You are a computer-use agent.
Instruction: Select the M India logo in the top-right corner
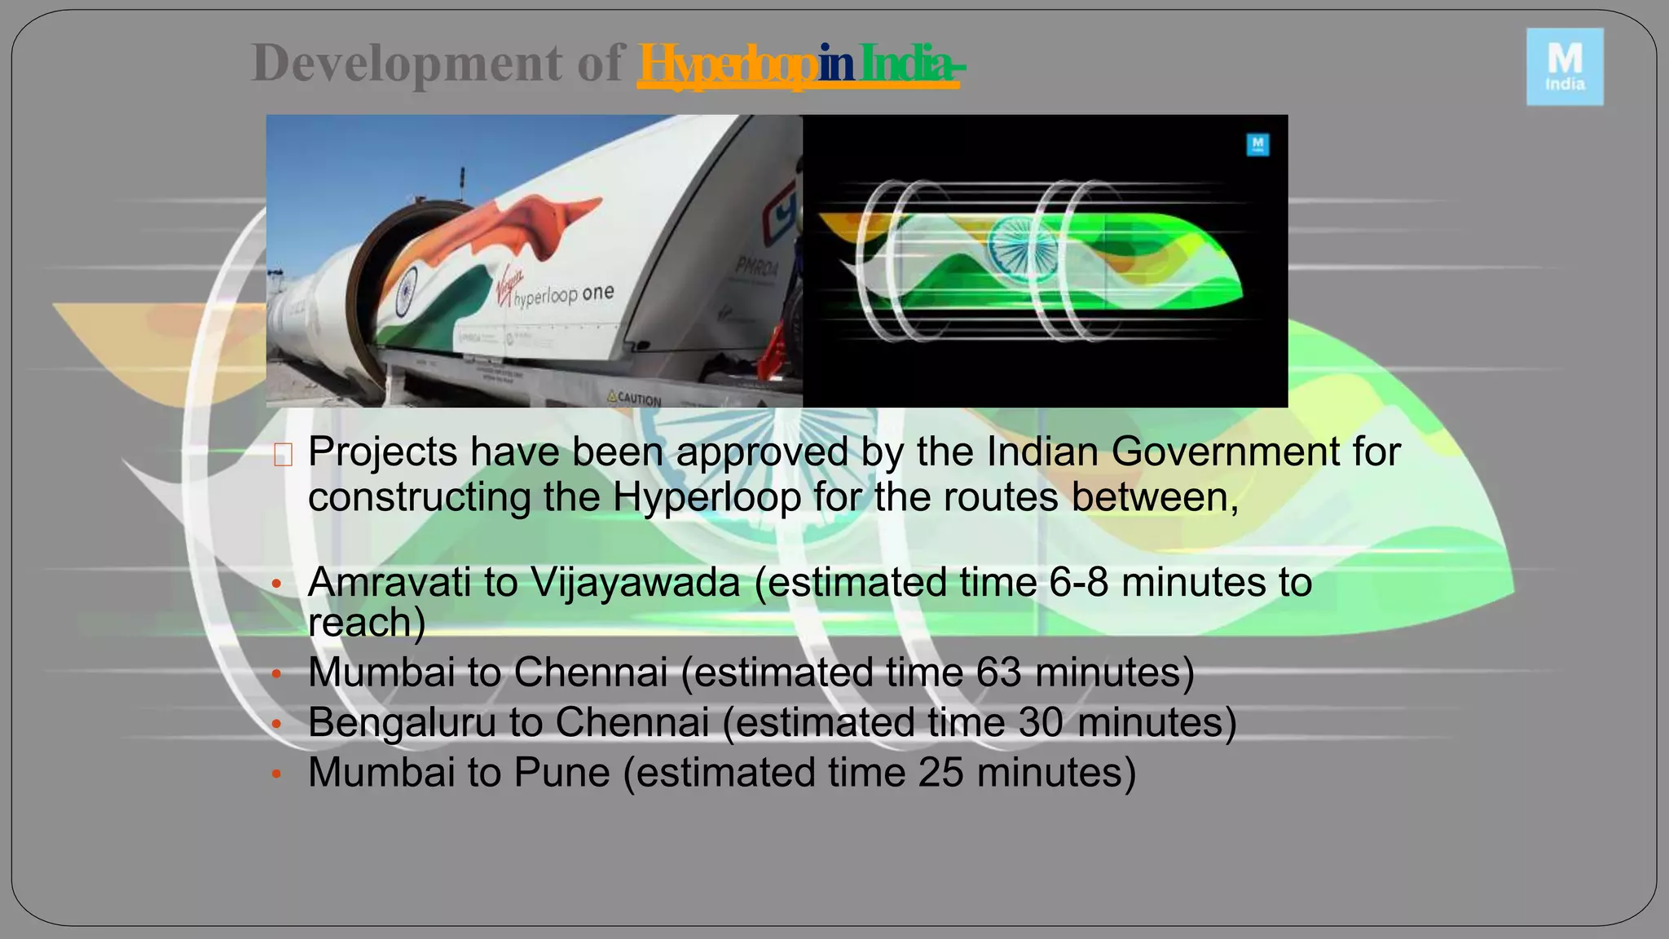click(1565, 67)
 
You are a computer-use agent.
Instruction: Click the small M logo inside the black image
click(1257, 145)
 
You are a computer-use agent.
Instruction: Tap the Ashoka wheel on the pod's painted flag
click(406, 292)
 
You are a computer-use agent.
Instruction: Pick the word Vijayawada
click(635, 582)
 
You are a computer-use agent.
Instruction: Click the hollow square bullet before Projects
click(283, 455)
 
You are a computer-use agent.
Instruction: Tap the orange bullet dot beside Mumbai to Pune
click(276, 774)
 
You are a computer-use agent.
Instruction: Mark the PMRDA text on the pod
click(756, 266)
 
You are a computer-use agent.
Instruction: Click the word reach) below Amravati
click(367, 623)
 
